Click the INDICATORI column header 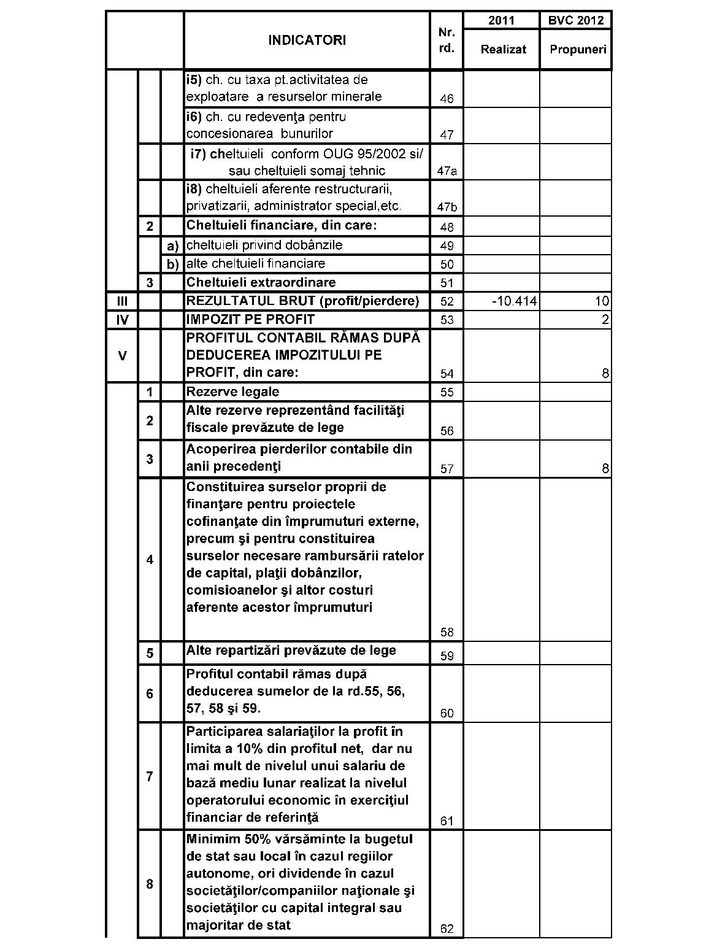pyautogui.click(x=307, y=41)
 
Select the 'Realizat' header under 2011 pyautogui.click(x=503, y=50)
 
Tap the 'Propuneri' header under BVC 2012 pyautogui.click(x=577, y=50)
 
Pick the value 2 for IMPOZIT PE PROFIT pyautogui.click(x=605, y=320)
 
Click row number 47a pyautogui.click(x=447, y=171)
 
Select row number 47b pyautogui.click(x=447, y=207)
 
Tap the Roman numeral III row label pyautogui.click(x=122, y=301)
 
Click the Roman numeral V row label pyautogui.click(x=122, y=355)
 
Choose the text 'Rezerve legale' pyautogui.click(x=232, y=392)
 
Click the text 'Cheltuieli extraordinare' pyautogui.click(x=261, y=283)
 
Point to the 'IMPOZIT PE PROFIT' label pyautogui.click(x=250, y=320)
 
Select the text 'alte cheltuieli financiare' pyautogui.click(x=256, y=264)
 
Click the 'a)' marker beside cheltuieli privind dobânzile pyautogui.click(x=172, y=246)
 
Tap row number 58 pyautogui.click(x=447, y=633)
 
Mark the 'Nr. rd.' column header pyautogui.click(x=447, y=41)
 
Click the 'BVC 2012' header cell pyautogui.click(x=576, y=20)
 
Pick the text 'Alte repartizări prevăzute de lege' pyautogui.click(x=291, y=651)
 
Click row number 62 pyautogui.click(x=447, y=929)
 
